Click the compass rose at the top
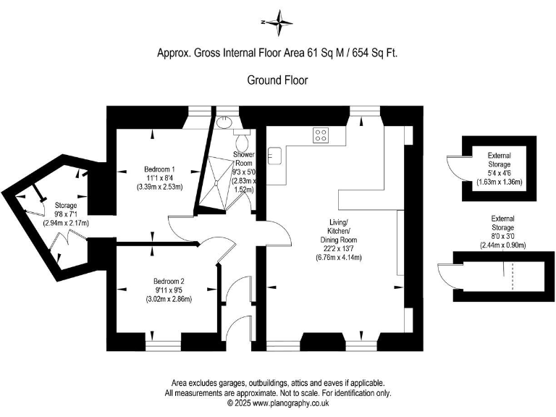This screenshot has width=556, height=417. coord(277,23)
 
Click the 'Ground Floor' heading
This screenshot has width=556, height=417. coord(277,80)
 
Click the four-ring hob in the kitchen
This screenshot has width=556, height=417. coord(321,134)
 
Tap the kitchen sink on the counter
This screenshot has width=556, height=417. coord(274,153)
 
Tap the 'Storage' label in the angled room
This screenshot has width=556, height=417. coord(65,206)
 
